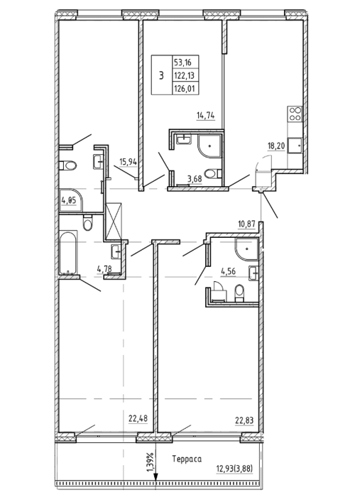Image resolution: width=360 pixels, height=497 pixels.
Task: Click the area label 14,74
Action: click(206, 115)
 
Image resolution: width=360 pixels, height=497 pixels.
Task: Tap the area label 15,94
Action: click(128, 162)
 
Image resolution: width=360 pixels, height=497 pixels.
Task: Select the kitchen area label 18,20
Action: click(276, 146)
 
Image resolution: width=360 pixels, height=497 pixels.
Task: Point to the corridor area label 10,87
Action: click(246, 224)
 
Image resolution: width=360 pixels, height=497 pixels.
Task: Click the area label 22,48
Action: click(138, 419)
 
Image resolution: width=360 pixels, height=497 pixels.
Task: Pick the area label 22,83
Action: click(244, 420)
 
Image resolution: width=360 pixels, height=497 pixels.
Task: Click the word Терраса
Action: click(187, 459)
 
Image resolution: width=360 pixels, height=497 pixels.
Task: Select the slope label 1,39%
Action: click(151, 462)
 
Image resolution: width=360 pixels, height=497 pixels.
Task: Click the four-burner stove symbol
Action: click(295, 114)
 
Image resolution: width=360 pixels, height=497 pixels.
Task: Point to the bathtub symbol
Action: click(68, 253)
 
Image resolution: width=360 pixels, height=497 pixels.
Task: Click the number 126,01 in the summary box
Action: click(184, 88)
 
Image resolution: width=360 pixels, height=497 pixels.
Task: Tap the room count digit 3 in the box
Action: click(162, 76)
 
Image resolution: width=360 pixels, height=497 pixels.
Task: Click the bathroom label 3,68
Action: click(195, 179)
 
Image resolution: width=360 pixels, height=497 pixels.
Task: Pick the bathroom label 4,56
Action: click(229, 272)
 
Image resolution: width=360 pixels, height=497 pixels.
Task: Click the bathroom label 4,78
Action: click(104, 270)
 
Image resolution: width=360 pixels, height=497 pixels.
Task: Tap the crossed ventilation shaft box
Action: click(114, 221)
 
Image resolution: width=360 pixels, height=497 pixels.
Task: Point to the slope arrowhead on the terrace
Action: click(156, 477)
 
